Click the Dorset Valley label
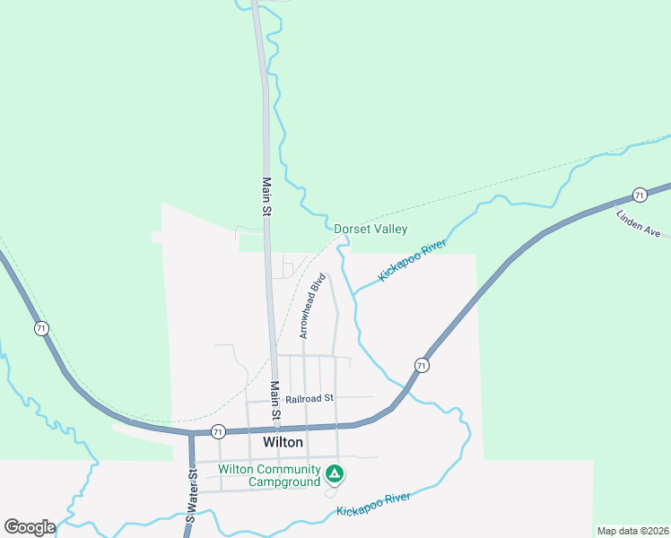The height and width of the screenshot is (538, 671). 370,230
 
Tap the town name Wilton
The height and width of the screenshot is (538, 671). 283,443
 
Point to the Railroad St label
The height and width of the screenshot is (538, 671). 309,398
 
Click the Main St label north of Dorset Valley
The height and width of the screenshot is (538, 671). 266,197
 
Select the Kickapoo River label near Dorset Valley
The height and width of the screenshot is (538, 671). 412,261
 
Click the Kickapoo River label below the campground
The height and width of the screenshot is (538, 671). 373,504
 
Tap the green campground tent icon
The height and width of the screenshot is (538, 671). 334,473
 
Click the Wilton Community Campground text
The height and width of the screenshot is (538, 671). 270,476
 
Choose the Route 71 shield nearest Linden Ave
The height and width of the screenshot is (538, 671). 639,195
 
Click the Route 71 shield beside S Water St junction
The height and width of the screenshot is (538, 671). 218,432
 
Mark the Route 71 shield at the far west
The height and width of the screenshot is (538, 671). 41,329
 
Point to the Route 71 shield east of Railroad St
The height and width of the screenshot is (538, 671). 421,365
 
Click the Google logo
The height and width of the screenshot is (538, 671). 30,526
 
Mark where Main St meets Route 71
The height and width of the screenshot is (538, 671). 278,428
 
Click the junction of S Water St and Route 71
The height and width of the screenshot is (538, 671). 191,434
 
